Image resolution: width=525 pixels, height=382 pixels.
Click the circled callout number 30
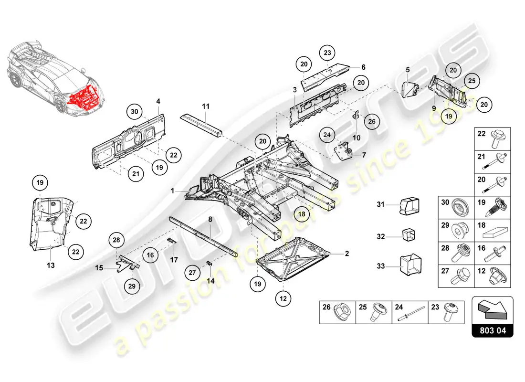(135, 112)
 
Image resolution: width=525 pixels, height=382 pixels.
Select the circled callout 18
(302, 214)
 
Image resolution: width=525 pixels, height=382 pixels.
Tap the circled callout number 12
(283, 298)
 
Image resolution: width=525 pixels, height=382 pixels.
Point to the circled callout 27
(192, 273)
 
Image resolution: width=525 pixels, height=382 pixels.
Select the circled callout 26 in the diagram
(371, 121)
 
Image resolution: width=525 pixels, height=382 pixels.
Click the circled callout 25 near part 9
(471, 81)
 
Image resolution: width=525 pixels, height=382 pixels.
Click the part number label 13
(51, 265)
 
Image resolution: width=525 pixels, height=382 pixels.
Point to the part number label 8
(210, 220)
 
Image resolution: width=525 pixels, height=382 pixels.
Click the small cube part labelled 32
(408, 236)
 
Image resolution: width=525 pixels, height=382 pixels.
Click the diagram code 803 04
(492, 330)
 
